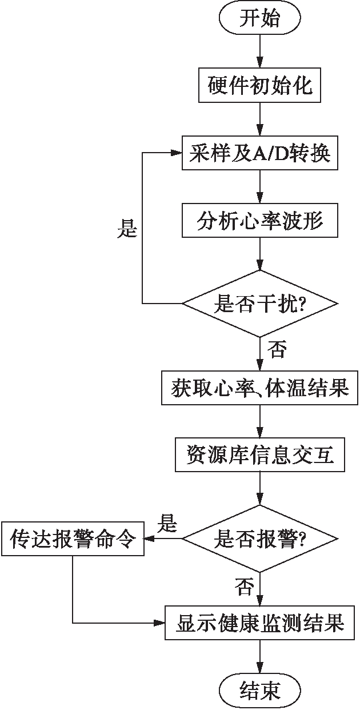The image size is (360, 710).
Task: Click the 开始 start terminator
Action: pos(260,19)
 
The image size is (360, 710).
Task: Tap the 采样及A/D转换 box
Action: pos(260,153)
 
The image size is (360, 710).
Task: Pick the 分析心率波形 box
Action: pos(260,220)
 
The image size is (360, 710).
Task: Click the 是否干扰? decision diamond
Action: pos(260,302)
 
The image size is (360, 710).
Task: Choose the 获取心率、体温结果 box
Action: pos(260,389)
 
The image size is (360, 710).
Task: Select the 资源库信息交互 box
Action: pos(260,456)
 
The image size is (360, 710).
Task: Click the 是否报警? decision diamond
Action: pos(260,539)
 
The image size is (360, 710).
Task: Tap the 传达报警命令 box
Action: pos(72,539)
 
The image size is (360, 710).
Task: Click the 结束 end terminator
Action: pos(260,690)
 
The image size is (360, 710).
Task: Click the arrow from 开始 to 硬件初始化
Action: pos(260,52)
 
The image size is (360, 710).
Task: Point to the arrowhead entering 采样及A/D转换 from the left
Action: pos(176,153)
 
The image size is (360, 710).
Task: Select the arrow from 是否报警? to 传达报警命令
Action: pos(162,539)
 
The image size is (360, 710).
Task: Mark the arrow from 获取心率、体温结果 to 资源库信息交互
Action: pos(260,422)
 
